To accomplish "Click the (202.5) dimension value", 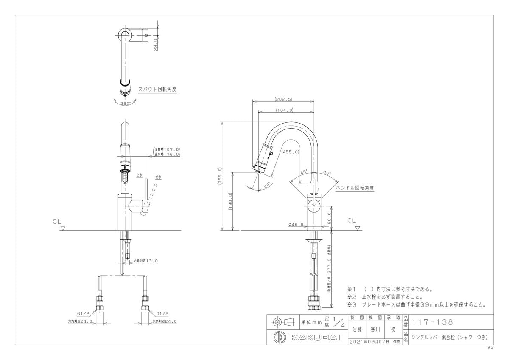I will coord(283,99).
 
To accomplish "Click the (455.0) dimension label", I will coord(291,152).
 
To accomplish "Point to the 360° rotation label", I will coord(125,103).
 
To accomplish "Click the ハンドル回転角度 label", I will coord(355,187).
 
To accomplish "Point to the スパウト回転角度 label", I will coord(157,90).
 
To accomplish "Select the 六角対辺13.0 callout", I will coord(145,261).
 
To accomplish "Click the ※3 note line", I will coord(416,304).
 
